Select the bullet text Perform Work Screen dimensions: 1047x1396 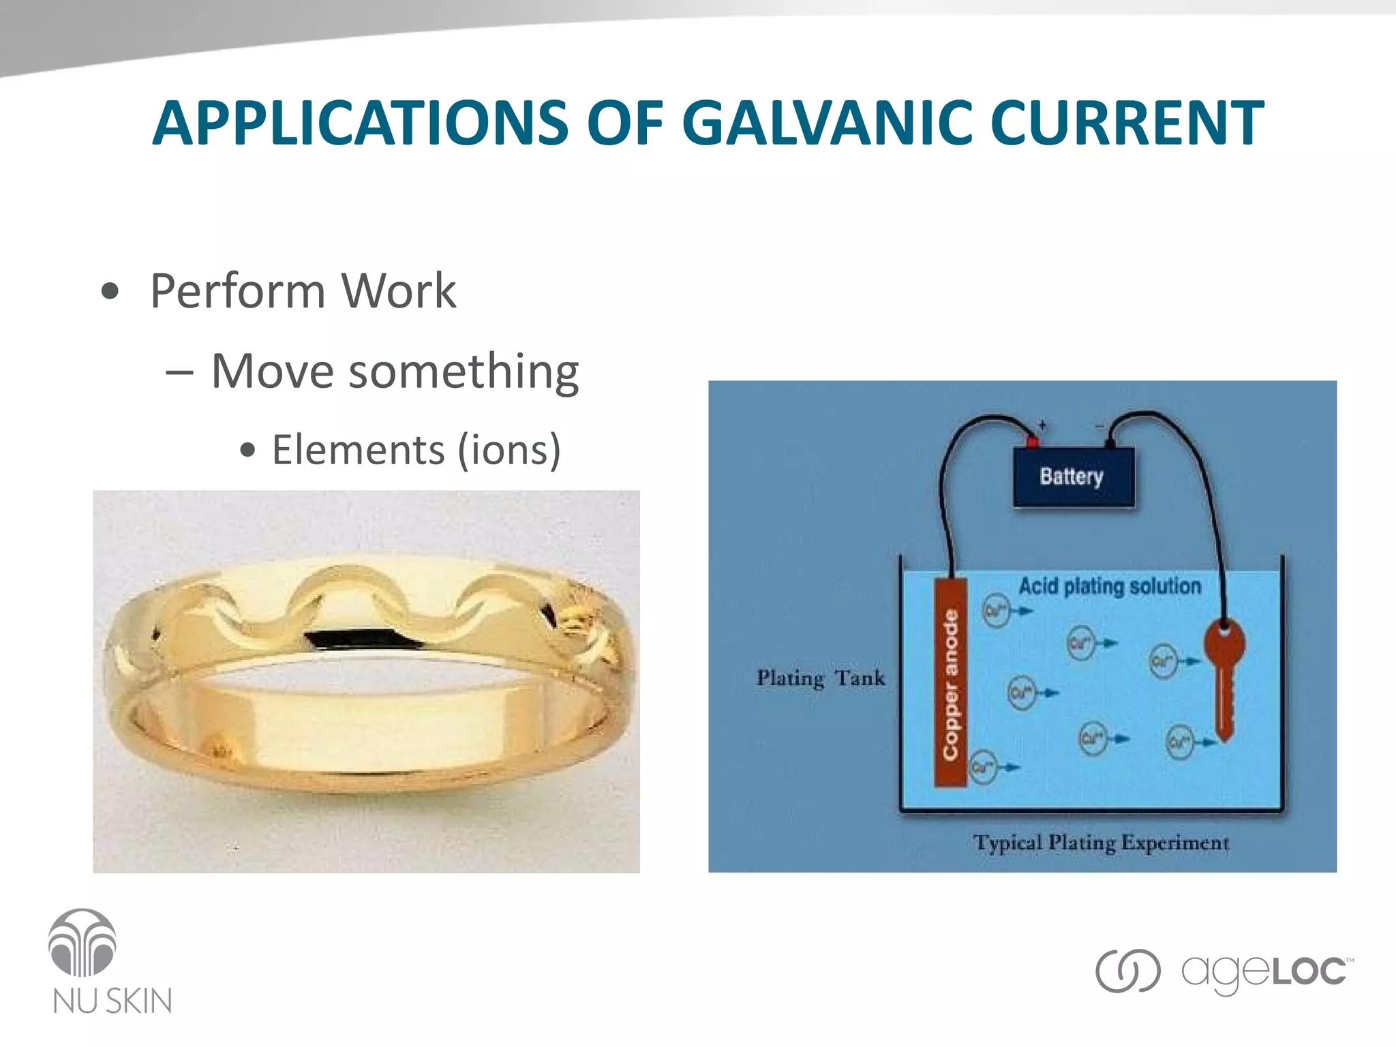[303, 292]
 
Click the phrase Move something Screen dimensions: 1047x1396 [395, 372]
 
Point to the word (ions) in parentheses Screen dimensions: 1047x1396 [509, 451]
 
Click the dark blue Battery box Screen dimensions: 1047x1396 [1072, 476]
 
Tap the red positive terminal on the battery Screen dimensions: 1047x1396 [1032, 442]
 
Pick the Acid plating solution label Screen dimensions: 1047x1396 [1109, 586]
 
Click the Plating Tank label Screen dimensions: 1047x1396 [821, 678]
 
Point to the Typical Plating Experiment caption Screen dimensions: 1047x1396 [1100, 843]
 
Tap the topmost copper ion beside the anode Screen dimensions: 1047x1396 [995, 611]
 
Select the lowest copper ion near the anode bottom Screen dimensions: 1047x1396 [982, 768]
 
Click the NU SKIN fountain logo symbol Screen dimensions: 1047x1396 [82, 943]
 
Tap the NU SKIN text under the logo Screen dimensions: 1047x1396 [112, 1001]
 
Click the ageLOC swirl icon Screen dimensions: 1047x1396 [1127, 971]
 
